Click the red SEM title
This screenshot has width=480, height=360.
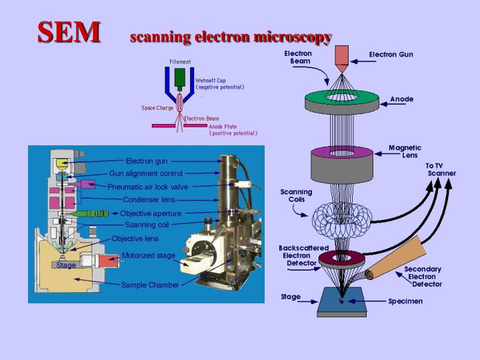(x=69, y=31)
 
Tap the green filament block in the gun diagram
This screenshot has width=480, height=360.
(x=179, y=78)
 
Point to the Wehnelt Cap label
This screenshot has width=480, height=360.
(x=219, y=83)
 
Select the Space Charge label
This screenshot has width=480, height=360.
(x=157, y=108)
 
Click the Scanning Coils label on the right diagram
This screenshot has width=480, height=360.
(x=297, y=195)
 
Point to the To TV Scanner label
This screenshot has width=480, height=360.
(x=441, y=169)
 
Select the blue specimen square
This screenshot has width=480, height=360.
(x=341, y=302)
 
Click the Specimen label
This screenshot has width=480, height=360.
(x=405, y=301)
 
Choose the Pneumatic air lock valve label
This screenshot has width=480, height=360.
(x=148, y=187)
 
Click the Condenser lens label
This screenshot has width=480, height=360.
(x=149, y=199)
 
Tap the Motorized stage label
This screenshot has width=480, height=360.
(x=149, y=255)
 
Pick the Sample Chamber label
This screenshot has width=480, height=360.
(x=150, y=285)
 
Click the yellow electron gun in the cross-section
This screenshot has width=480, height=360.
(x=62, y=163)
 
